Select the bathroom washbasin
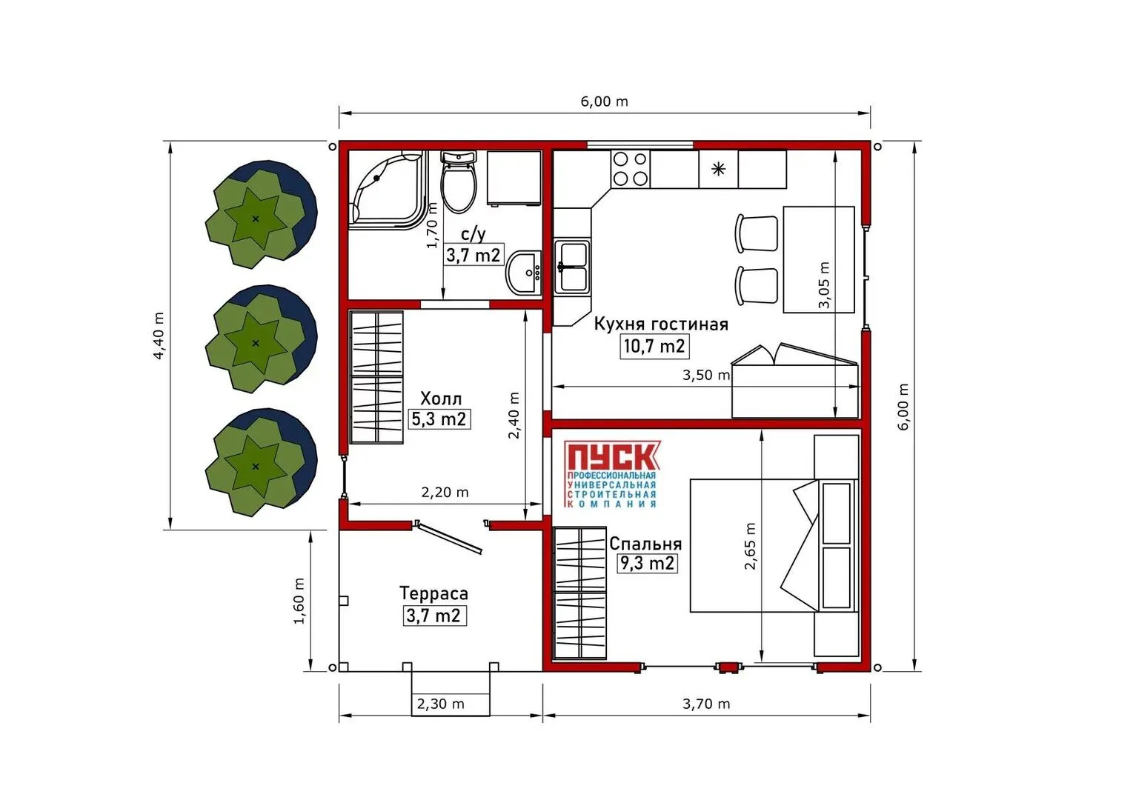coord(524,273)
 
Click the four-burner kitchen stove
coord(631,169)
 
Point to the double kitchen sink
coord(573,267)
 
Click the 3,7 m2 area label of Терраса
coord(434,616)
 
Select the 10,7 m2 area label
coord(654,347)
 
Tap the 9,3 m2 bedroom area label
coord(648,563)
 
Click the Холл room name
coord(441,399)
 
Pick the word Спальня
coord(645,544)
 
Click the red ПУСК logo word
coord(612,456)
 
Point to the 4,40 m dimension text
coord(159,336)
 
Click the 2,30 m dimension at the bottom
coord(441,704)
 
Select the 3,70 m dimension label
coord(706,704)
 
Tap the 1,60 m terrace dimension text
coord(299,601)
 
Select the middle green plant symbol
coord(261,339)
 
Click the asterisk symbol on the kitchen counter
coord(718,169)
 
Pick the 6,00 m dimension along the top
coord(605,101)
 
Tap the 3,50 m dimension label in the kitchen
coord(706,376)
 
